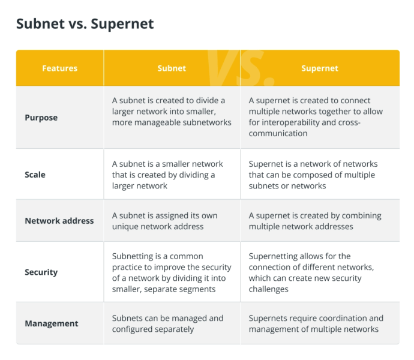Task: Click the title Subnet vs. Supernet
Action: pyautogui.click(x=85, y=24)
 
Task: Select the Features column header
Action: pyautogui.click(x=60, y=68)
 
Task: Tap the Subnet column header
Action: pyautogui.click(x=172, y=68)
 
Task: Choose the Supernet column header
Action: pyautogui.click(x=320, y=68)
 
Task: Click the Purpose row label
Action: pyautogui.click(x=41, y=118)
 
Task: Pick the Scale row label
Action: pyautogui.click(x=35, y=175)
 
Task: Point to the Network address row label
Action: pyautogui.click(x=59, y=221)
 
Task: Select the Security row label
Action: pyautogui.click(x=41, y=272)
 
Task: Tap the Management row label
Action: pyautogui.click(x=52, y=323)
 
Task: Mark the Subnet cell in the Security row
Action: pyautogui.click(x=172, y=272)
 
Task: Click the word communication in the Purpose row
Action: pyautogui.click(x=278, y=133)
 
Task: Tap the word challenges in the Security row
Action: pyautogui.click(x=269, y=289)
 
